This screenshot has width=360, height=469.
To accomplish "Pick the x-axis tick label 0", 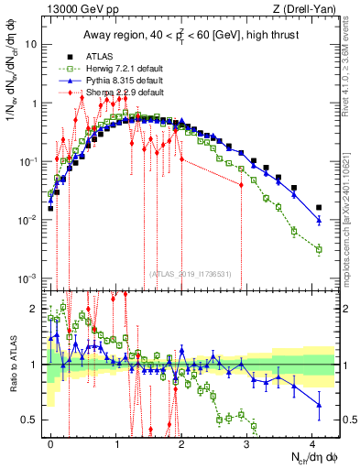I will click(x=50, y=442).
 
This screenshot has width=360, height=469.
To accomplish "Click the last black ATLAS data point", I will click(x=319, y=208).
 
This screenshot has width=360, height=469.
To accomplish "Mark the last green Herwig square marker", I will click(x=319, y=249).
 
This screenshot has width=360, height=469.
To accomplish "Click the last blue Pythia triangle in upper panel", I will click(x=319, y=221).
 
